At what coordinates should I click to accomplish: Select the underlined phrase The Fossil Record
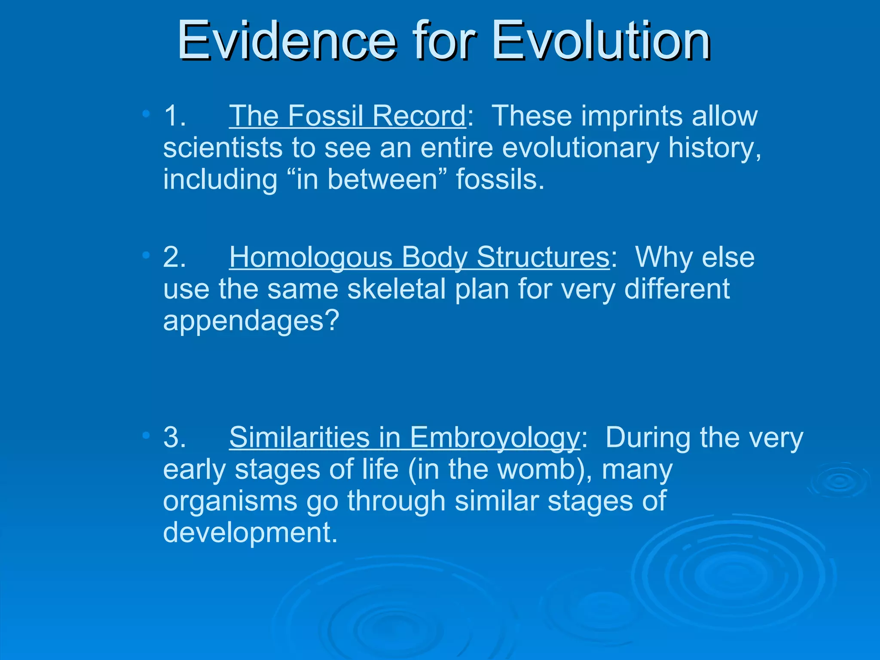point(347,116)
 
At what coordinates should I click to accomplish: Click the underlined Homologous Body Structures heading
point(419,257)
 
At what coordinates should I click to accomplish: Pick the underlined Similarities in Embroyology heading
point(404,437)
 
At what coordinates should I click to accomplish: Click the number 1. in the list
point(174,116)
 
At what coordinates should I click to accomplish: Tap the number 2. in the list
point(174,257)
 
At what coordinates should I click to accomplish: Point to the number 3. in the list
point(174,437)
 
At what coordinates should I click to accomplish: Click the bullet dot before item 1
point(146,114)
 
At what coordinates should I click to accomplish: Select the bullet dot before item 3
point(146,436)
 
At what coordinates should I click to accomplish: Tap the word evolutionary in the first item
point(580,148)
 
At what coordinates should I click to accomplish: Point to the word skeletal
point(396,289)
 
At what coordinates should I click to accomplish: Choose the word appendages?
point(251,321)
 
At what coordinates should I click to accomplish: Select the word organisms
point(230,501)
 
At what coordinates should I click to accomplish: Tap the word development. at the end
point(250,532)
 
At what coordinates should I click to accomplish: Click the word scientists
point(223,148)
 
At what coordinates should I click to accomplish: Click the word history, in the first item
point(714,148)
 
